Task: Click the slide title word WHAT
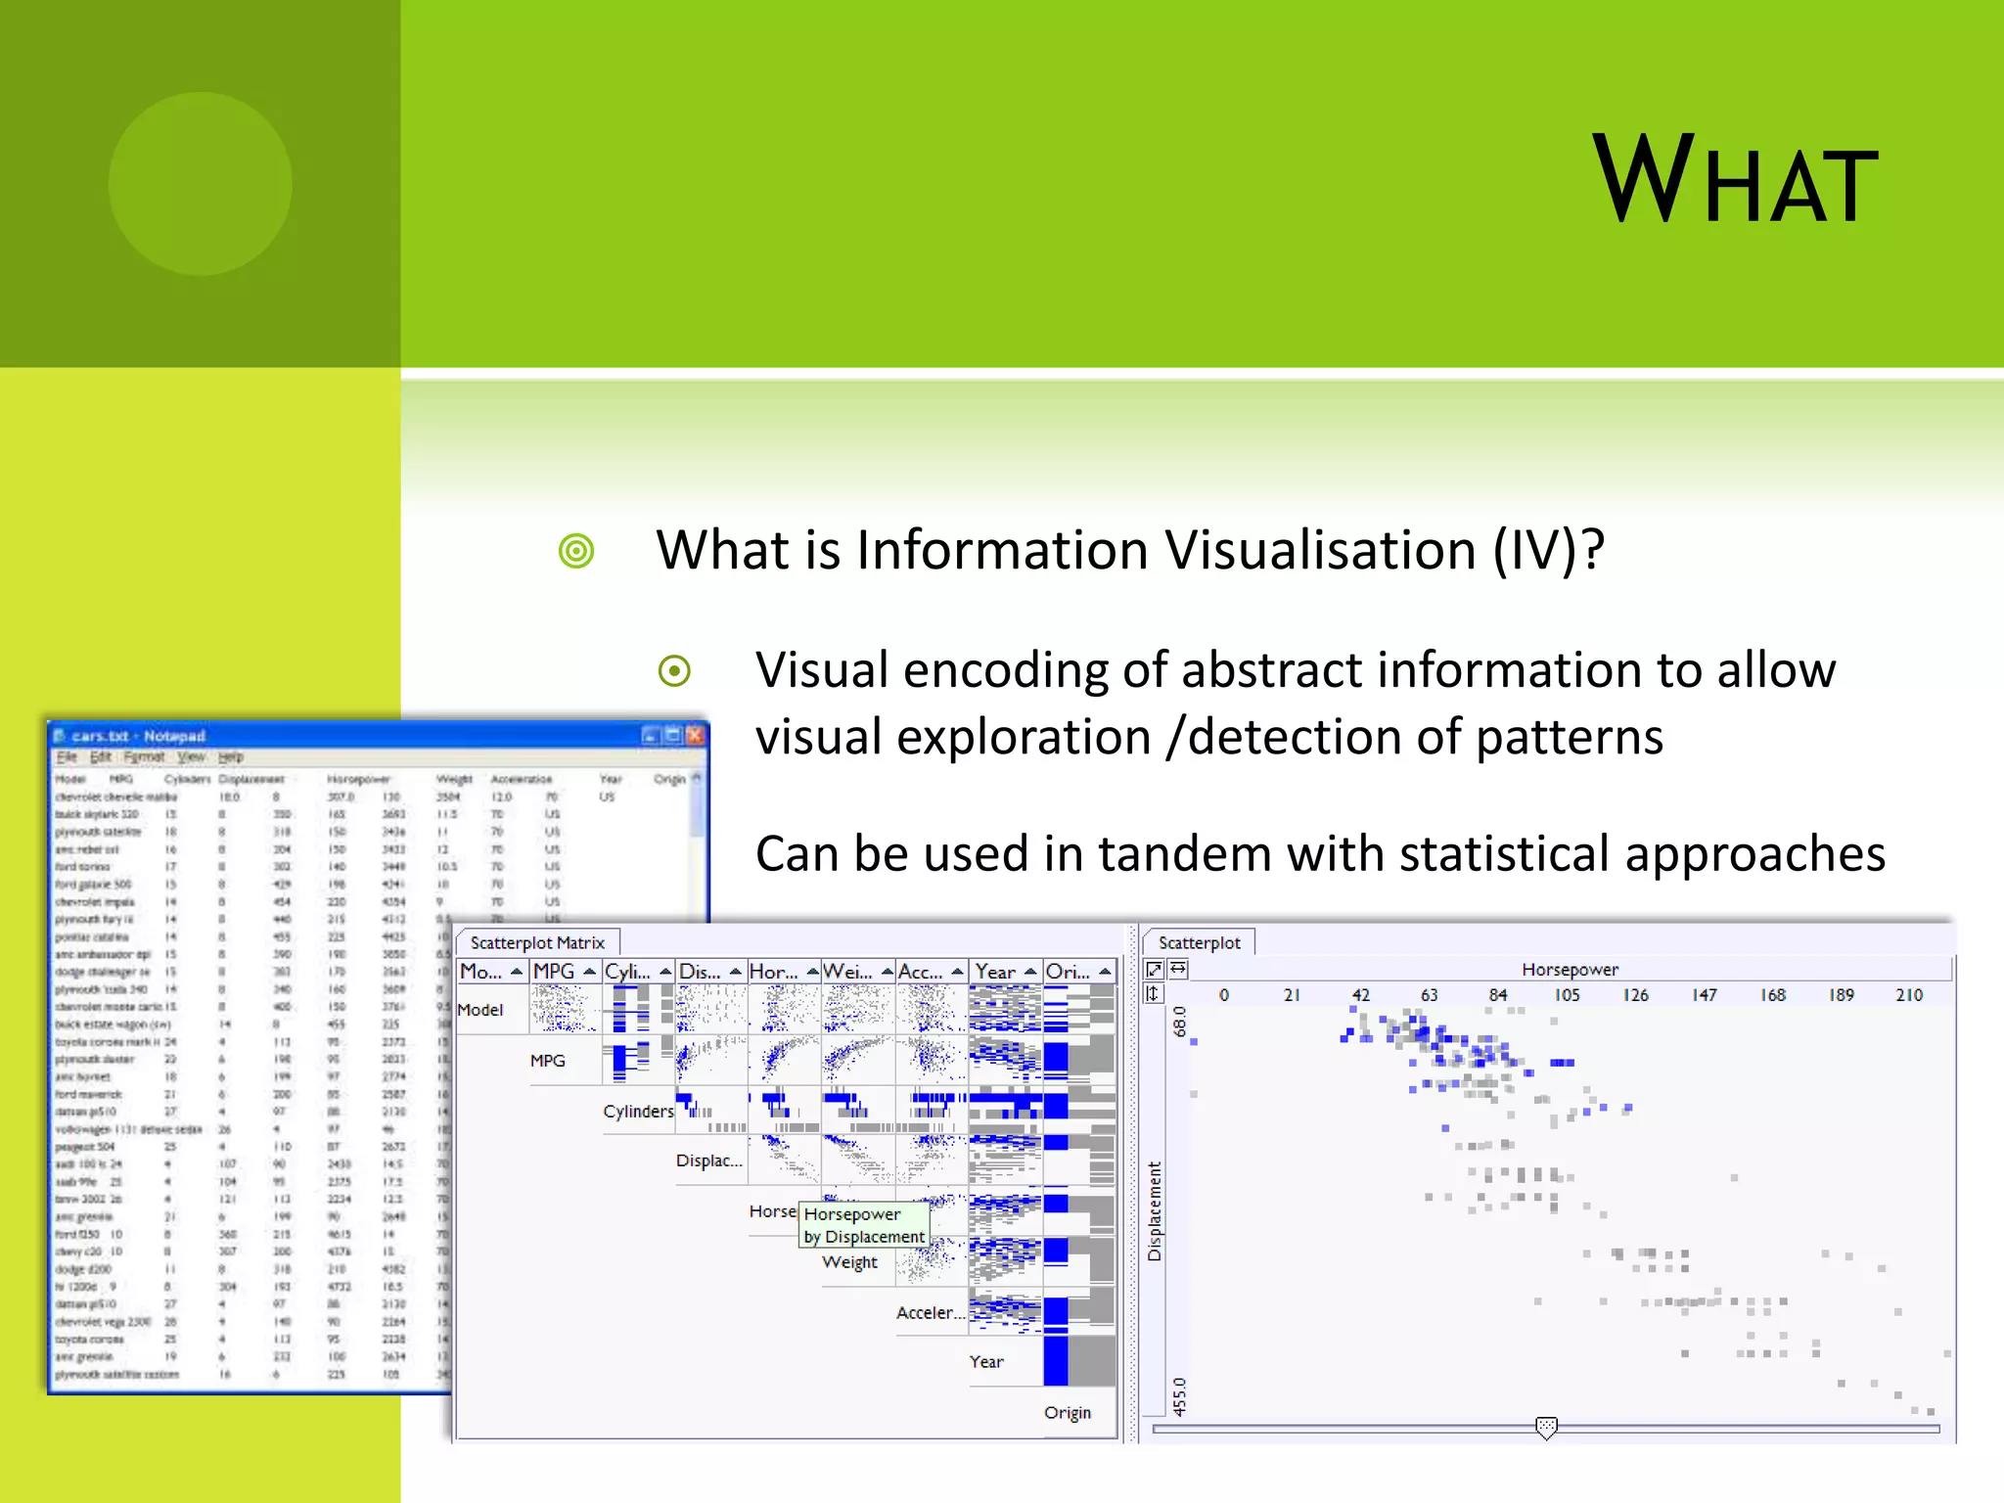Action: [x=1734, y=181]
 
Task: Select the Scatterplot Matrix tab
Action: [x=537, y=942]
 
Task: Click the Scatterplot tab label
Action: [x=1199, y=942]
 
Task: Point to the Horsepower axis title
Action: [x=1570, y=969]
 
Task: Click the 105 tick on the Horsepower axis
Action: [x=1567, y=994]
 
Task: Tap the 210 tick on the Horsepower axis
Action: [x=1908, y=994]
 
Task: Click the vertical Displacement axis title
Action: [x=1155, y=1211]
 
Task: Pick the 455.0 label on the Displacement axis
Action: [x=1179, y=1396]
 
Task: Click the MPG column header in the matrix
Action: [x=555, y=971]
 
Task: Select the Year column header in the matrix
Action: [x=996, y=971]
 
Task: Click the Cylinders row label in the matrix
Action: [x=638, y=1111]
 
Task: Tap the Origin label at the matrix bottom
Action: [x=1067, y=1412]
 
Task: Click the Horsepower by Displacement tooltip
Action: [x=863, y=1225]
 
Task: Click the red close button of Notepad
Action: [x=696, y=735]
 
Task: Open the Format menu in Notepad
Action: [x=144, y=756]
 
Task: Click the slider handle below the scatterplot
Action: [x=1546, y=1428]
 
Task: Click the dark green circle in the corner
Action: [x=200, y=183]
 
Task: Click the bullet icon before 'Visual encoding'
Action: [x=674, y=671]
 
